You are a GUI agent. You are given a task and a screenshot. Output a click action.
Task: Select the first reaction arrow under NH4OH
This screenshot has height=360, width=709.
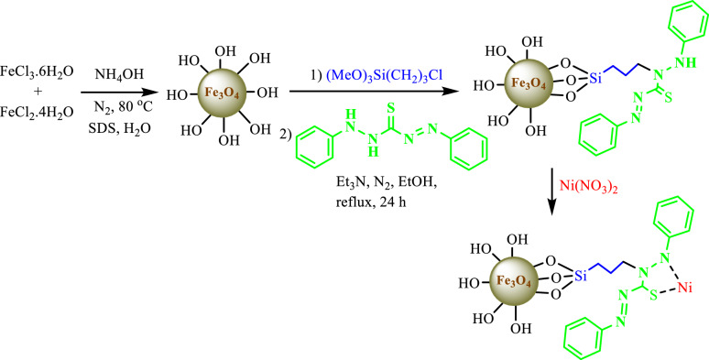pyautogui.click(x=118, y=92)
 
